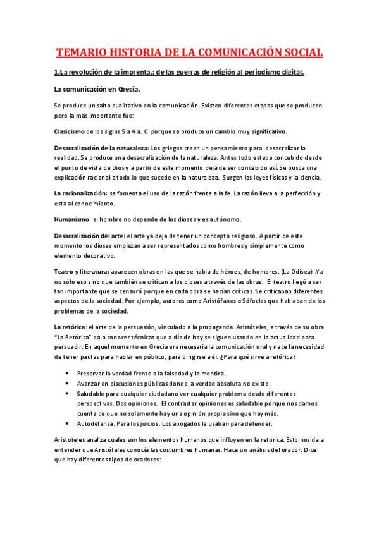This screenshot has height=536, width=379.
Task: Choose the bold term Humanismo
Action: pos(72,219)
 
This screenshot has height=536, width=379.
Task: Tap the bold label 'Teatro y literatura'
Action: pos(81,271)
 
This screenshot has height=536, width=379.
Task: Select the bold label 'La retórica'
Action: pos(70,326)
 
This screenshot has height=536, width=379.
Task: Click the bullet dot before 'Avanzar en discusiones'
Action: pos(68,383)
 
